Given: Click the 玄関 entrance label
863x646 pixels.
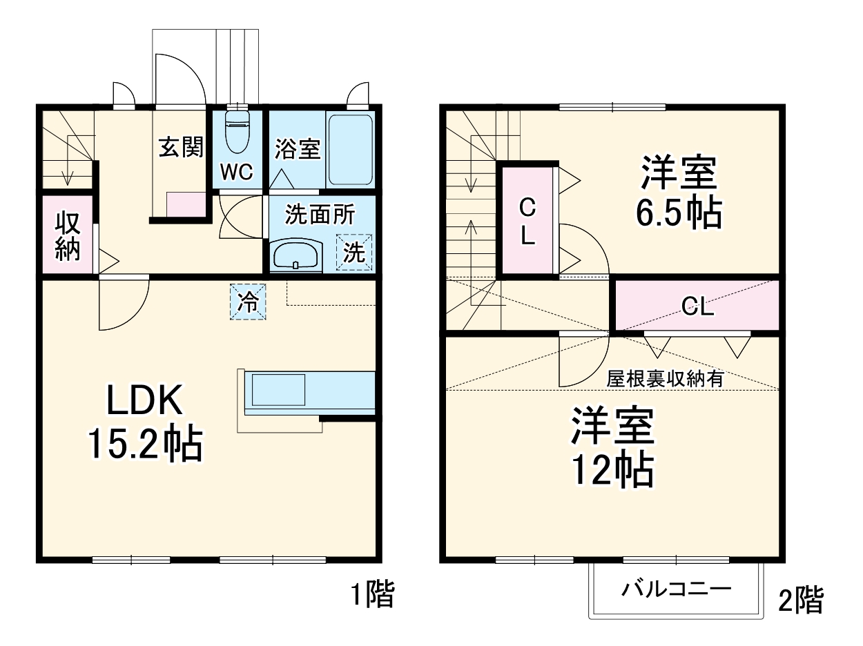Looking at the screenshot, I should (181, 147).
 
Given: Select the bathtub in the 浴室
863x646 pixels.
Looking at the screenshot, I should (350, 149).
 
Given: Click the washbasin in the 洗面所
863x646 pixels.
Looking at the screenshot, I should (295, 255).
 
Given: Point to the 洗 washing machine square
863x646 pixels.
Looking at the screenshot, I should (353, 252).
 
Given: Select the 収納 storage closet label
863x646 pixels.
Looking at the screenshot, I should (68, 236).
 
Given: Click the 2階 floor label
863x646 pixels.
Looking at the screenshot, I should (801, 600).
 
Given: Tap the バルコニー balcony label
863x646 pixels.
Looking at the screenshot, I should (676, 590).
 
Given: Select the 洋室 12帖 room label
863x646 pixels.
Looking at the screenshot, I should (612, 449).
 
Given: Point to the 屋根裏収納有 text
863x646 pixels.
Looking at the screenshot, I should (665, 378).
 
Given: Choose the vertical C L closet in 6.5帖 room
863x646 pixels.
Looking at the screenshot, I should (527, 221).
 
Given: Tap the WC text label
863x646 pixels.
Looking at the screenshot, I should (237, 172).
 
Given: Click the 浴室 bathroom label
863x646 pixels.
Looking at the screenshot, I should (298, 149).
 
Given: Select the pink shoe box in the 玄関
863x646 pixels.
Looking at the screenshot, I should (186, 204).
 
